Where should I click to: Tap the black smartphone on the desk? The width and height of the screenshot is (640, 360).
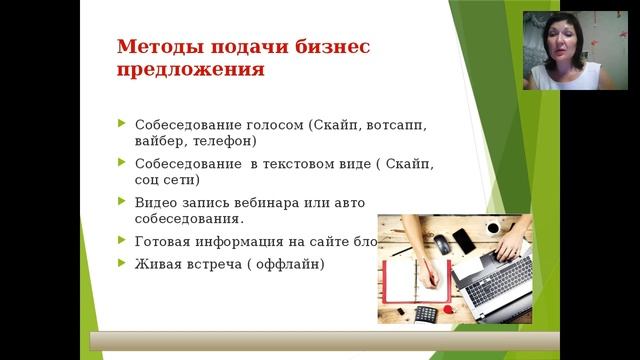[464, 241]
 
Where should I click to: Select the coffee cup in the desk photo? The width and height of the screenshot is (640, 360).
[492, 227]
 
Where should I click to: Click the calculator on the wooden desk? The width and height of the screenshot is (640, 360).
[426, 314]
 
